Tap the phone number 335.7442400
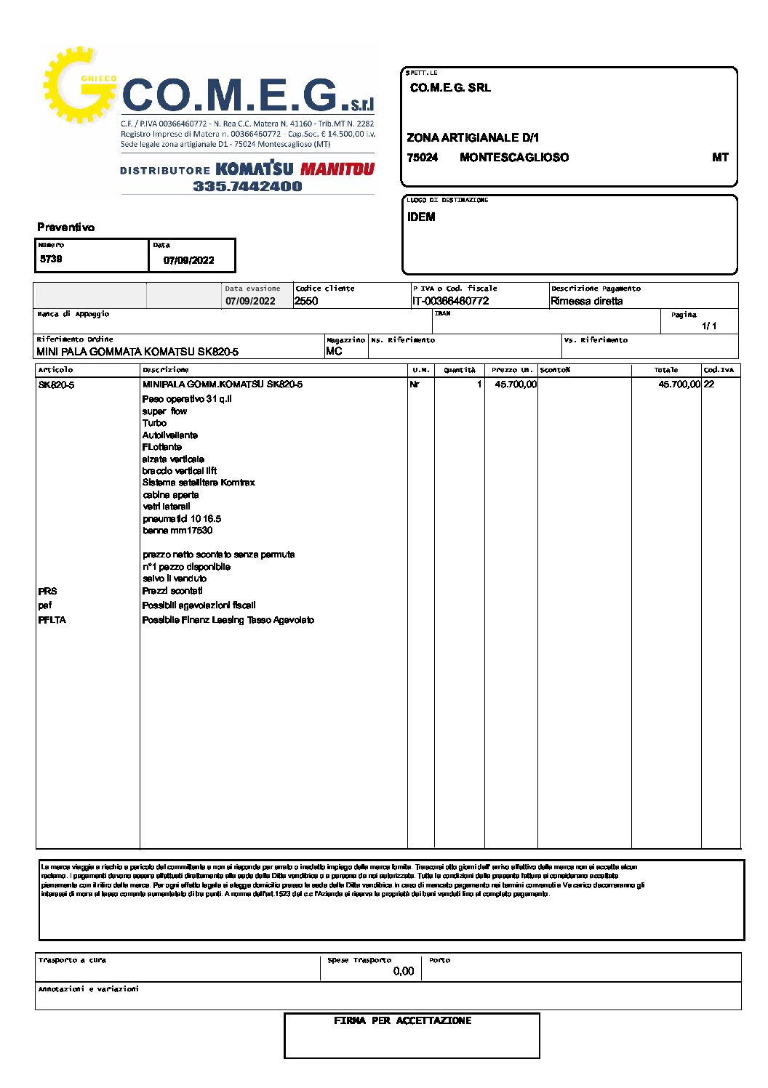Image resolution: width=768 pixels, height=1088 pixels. coord(247,186)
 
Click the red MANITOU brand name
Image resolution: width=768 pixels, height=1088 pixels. coord(337,169)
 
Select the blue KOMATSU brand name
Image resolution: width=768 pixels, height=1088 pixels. coord(255,169)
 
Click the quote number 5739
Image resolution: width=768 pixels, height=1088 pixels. coord(51,259)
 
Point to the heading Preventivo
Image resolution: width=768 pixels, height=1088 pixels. coord(66,227)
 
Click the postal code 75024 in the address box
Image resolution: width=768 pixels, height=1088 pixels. coord(423,158)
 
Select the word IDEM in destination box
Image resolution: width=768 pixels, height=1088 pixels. coord(421,217)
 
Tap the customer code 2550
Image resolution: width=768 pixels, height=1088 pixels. coord(306,301)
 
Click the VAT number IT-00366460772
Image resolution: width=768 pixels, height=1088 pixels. coord(450,301)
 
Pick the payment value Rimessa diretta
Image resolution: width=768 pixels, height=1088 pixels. coord(586,301)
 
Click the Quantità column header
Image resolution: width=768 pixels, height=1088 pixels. coord(460,370)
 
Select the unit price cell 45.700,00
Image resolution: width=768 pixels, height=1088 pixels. coord(516,384)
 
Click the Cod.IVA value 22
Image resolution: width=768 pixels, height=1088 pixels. coord(709,384)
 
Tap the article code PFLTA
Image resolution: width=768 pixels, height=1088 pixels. coord(52,620)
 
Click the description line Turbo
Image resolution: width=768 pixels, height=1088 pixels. coord(154,423)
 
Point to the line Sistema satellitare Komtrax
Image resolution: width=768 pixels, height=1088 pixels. coord(199,483)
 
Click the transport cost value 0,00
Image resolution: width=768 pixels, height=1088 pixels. coord(403,971)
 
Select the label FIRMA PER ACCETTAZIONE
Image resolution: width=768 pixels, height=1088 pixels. coord(402,1021)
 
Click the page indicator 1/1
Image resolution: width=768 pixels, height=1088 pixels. coord(709,326)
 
